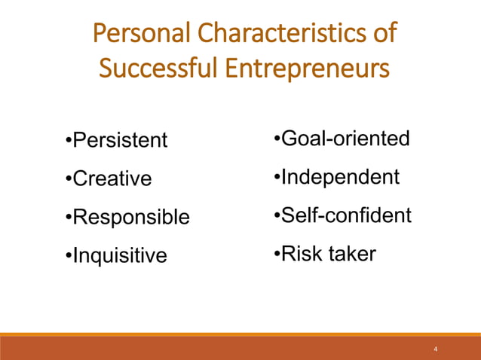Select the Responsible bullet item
[x=130, y=218]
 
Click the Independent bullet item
[x=340, y=178]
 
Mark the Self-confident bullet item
[x=346, y=216]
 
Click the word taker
[x=349, y=255]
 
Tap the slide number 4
[x=436, y=350]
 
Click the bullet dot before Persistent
[x=68, y=141]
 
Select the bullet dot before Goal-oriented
[x=277, y=139]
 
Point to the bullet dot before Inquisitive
[x=68, y=256]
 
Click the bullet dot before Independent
[x=277, y=178]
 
